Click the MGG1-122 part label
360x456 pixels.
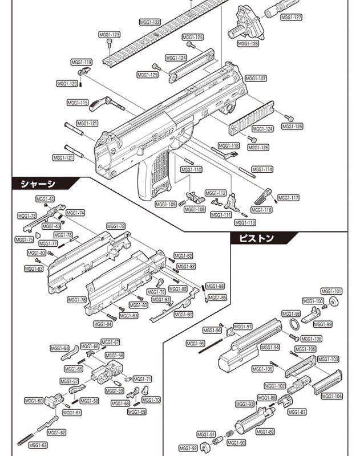pos(150,22)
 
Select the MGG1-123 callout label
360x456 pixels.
pos(110,35)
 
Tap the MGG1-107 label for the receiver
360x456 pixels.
pos(256,78)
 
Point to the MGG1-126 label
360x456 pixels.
pos(248,44)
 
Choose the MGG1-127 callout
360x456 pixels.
pos(291,17)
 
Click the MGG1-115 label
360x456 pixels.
pos(78,103)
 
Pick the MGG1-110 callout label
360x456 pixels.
pos(191,170)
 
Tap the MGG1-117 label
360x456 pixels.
pos(288,198)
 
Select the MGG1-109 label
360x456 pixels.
pos(165,204)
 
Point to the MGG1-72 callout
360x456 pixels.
pos(115,226)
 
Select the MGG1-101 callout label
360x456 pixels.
pos(331,291)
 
